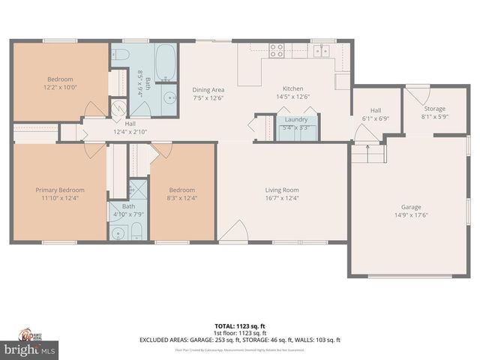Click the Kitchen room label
[x=292, y=88]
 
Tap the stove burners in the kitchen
[x=276, y=50]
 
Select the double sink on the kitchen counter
[x=321, y=50]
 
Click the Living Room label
[x=282, y=190]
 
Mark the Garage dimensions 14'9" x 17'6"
[x=411, y=215]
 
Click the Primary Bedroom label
[x=60, y=190]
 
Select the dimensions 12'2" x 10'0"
[x=60, y=86]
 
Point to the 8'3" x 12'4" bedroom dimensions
[x=181, y=198]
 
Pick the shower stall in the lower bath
[x=138, y=188]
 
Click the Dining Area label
[x=208, y=88]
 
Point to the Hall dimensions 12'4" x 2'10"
[x=130, y=131]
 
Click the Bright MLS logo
[x=30, y=349]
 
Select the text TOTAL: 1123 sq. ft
[x=240, y=325]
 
